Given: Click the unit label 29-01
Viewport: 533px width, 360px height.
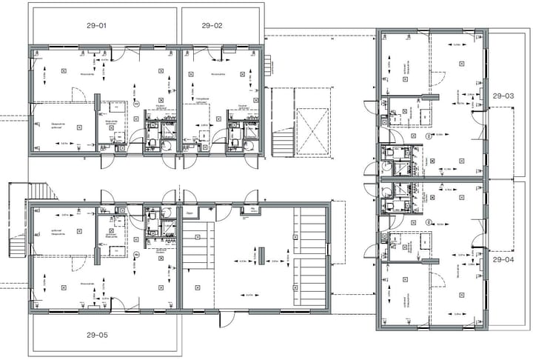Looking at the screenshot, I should (97, 26).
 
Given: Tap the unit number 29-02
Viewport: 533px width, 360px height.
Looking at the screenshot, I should (212, 26).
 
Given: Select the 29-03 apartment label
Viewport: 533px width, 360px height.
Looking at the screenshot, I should (503, 96).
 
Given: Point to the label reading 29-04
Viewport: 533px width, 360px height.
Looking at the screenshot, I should (503, 260).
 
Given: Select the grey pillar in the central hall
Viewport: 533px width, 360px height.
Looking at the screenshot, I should (261, 253).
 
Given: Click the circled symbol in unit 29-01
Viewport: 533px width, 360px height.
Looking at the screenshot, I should (137, 107).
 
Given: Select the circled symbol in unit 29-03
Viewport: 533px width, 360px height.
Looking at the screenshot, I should (429, 137).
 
